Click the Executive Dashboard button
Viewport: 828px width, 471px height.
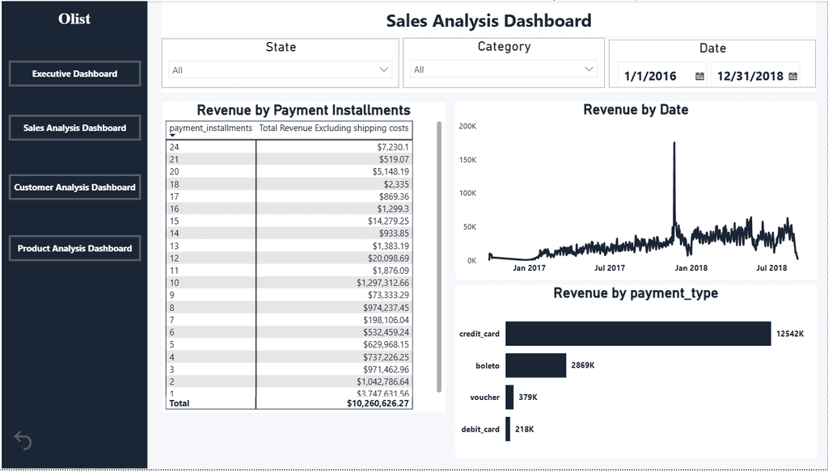[74, 74]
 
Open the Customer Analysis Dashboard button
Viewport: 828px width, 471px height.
[74, 187]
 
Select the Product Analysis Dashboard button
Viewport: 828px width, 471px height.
[74, 248]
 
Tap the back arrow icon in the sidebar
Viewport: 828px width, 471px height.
[23, 440]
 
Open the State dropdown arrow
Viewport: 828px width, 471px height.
[384, 69]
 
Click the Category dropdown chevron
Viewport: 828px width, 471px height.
[589, 69]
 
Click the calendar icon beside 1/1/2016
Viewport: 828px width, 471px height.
[699, 76]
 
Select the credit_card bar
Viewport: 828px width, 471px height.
[638, 334]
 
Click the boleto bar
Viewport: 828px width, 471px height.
[535, 365]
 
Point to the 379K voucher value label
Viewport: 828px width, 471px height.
[528, 397]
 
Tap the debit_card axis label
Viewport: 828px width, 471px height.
[480, 429]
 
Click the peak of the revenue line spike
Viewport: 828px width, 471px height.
[674, 142]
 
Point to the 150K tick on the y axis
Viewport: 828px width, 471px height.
[467, 159]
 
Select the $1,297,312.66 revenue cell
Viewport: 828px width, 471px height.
[382, 283]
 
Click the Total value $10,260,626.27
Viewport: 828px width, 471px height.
[378, 403]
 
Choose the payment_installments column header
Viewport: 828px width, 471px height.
[211, 128]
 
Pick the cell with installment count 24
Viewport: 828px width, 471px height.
[175, 147]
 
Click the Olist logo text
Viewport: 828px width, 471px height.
[74, 19]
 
